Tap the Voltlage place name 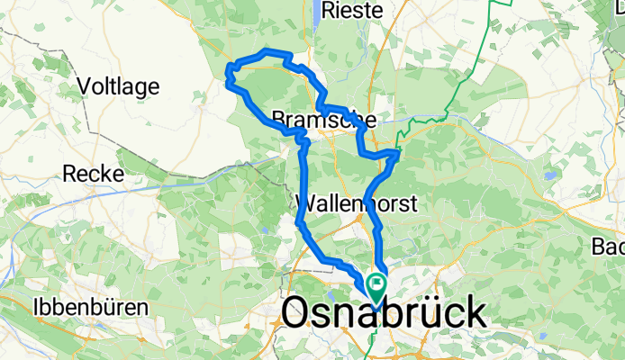119,87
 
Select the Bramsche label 322,119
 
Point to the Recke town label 93,174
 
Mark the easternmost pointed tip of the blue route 399,152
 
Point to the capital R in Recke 68,174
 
